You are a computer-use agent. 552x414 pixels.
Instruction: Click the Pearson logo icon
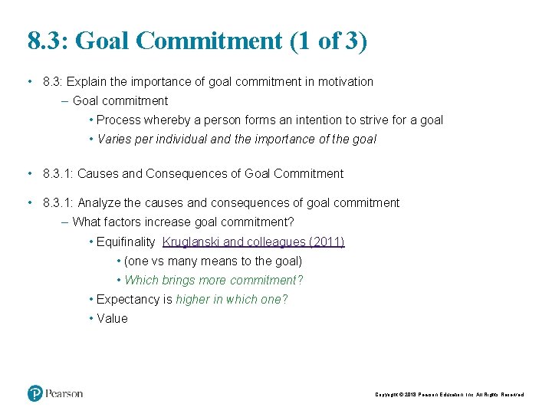[x=35, y=393]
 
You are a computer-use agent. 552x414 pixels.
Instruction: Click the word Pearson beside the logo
[x=64, y=393]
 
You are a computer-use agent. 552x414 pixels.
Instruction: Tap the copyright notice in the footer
[x=449, y=394]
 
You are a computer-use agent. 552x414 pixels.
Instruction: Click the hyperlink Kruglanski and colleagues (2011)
[x=254, y=242]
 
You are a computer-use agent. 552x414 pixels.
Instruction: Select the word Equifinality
[x=126, y=242]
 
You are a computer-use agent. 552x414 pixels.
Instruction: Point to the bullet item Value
[x=112, y=319]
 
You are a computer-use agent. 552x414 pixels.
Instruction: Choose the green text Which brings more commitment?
[x=214, y=281]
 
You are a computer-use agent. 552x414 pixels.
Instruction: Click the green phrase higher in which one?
[x=232, y=300]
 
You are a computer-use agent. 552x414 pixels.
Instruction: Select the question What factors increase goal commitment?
[x=183, y=222]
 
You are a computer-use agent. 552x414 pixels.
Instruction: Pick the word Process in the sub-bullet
[x=119, y=120]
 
